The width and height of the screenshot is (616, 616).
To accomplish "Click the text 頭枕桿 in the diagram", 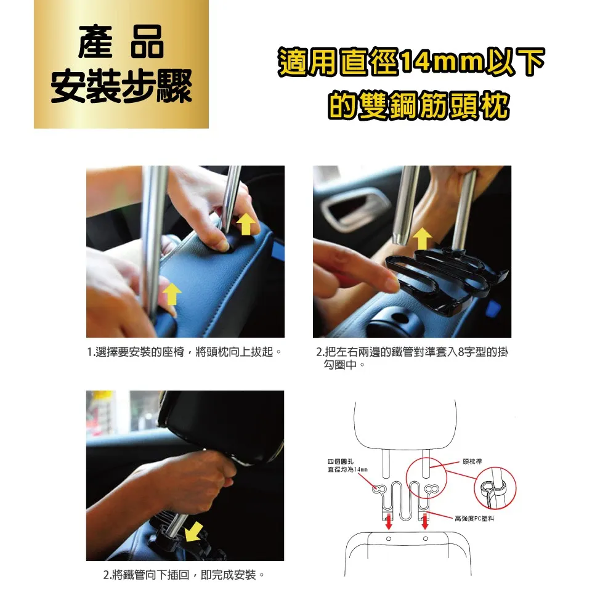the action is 472,461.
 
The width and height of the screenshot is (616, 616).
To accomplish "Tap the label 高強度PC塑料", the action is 474,519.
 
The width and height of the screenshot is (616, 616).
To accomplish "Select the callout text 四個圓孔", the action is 340,461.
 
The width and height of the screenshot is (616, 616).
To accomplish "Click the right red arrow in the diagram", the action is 424,522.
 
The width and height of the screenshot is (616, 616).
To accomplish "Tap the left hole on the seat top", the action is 389,538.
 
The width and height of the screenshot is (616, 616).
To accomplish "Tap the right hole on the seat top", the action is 426,538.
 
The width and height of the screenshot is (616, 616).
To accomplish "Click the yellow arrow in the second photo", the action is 423,238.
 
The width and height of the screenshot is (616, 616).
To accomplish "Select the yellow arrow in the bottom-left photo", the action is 194,532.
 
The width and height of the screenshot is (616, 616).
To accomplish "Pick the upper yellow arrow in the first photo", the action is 246,224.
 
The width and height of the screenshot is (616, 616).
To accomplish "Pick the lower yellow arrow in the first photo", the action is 172,294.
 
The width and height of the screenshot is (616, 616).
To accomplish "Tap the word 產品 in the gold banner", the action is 121,42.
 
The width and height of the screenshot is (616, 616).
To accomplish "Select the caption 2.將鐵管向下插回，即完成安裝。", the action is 184,575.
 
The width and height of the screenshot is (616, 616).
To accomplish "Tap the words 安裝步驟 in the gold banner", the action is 121,86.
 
